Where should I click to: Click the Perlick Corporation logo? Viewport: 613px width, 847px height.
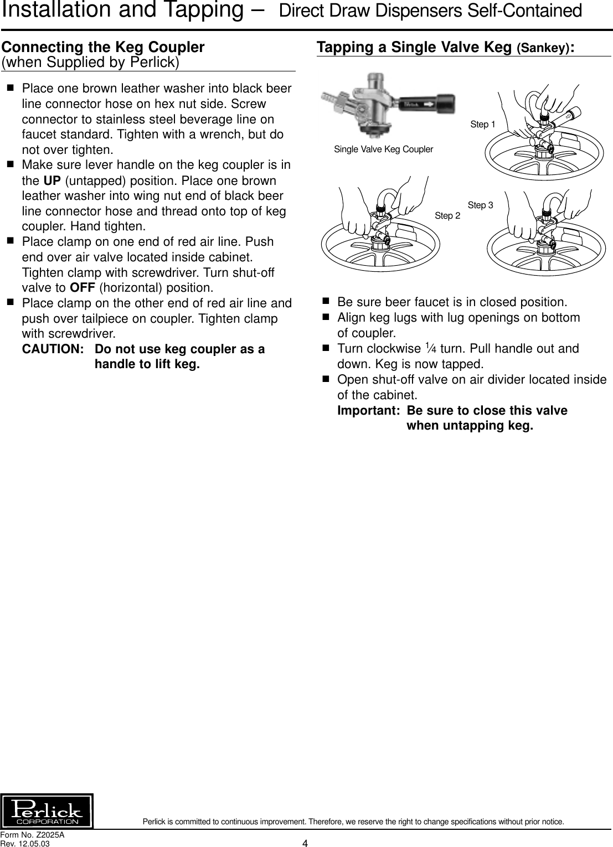pyautogui.click(x=47, y=810)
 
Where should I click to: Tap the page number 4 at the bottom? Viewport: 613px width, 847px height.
pyautogui.click(x=305, y=843)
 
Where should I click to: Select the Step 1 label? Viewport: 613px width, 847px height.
pyautogui.click(x=482, y=125)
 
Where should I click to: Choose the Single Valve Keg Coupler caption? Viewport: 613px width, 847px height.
pyautogui.click(x=383, y=149)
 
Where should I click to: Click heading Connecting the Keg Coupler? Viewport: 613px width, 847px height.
pyautogui.click(x=104, y=47)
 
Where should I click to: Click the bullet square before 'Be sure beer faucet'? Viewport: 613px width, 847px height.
pyautogui.click(x=326, y=302)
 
